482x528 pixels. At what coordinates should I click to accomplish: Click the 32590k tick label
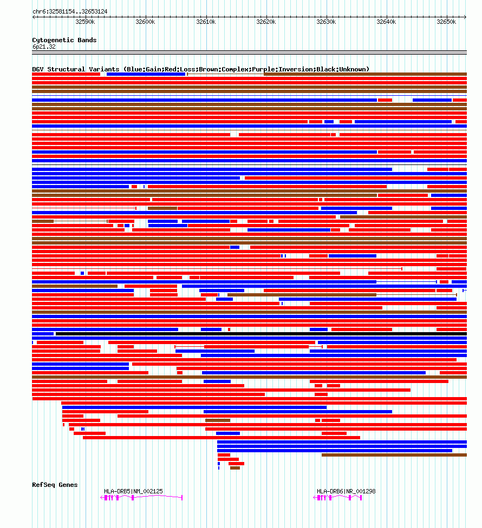pos(85,22)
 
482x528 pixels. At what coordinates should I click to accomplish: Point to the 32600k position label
pos(145,22)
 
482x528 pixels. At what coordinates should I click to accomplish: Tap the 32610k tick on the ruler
pos(206,22)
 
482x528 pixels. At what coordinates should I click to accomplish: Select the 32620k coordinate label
pos(266,22)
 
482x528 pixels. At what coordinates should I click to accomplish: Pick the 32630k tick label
pos(326,22)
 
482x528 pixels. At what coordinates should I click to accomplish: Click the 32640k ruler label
pos(387,22)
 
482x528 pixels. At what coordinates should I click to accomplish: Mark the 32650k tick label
pos(447,22)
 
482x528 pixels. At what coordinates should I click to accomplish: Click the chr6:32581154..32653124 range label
pos(70,11)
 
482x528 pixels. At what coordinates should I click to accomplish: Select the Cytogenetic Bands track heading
pos(64,40)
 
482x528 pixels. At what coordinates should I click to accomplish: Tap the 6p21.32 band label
pos(44,47)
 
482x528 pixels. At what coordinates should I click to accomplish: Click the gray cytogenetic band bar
pos(249,52)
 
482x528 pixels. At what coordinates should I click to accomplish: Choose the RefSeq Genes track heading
pos(55,485)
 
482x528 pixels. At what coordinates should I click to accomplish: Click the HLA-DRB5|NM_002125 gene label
pos(133,491)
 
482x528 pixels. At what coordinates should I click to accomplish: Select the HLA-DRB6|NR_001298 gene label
pos(346,491)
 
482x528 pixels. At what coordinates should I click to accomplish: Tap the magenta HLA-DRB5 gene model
pos(142,497)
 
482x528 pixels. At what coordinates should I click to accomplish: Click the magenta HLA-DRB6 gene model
pos(338,497)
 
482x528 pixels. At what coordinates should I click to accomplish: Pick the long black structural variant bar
pos(260,334)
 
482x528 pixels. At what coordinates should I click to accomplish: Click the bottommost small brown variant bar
pos(235,468)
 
